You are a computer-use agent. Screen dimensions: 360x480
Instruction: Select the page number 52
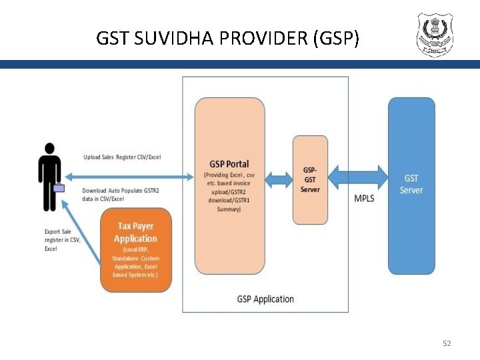pos(447,343)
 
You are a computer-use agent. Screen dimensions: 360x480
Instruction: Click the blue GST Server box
pos(411,185)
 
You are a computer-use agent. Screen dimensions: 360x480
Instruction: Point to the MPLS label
pos(364,199)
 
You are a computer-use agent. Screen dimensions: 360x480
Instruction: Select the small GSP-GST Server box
pos(311,179)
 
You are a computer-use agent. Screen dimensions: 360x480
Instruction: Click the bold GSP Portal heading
pos(229,164)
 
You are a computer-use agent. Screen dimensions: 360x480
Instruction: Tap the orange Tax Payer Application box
pos(136,249)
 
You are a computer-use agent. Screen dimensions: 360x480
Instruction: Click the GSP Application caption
pos(265,299)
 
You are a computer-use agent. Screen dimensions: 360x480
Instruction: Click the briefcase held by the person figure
pos(59,188)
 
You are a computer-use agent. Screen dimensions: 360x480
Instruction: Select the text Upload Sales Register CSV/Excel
pos(122,157)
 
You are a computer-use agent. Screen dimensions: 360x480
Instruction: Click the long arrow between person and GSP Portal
pos(127,177)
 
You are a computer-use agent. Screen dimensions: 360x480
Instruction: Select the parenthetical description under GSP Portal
pos(229,192)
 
